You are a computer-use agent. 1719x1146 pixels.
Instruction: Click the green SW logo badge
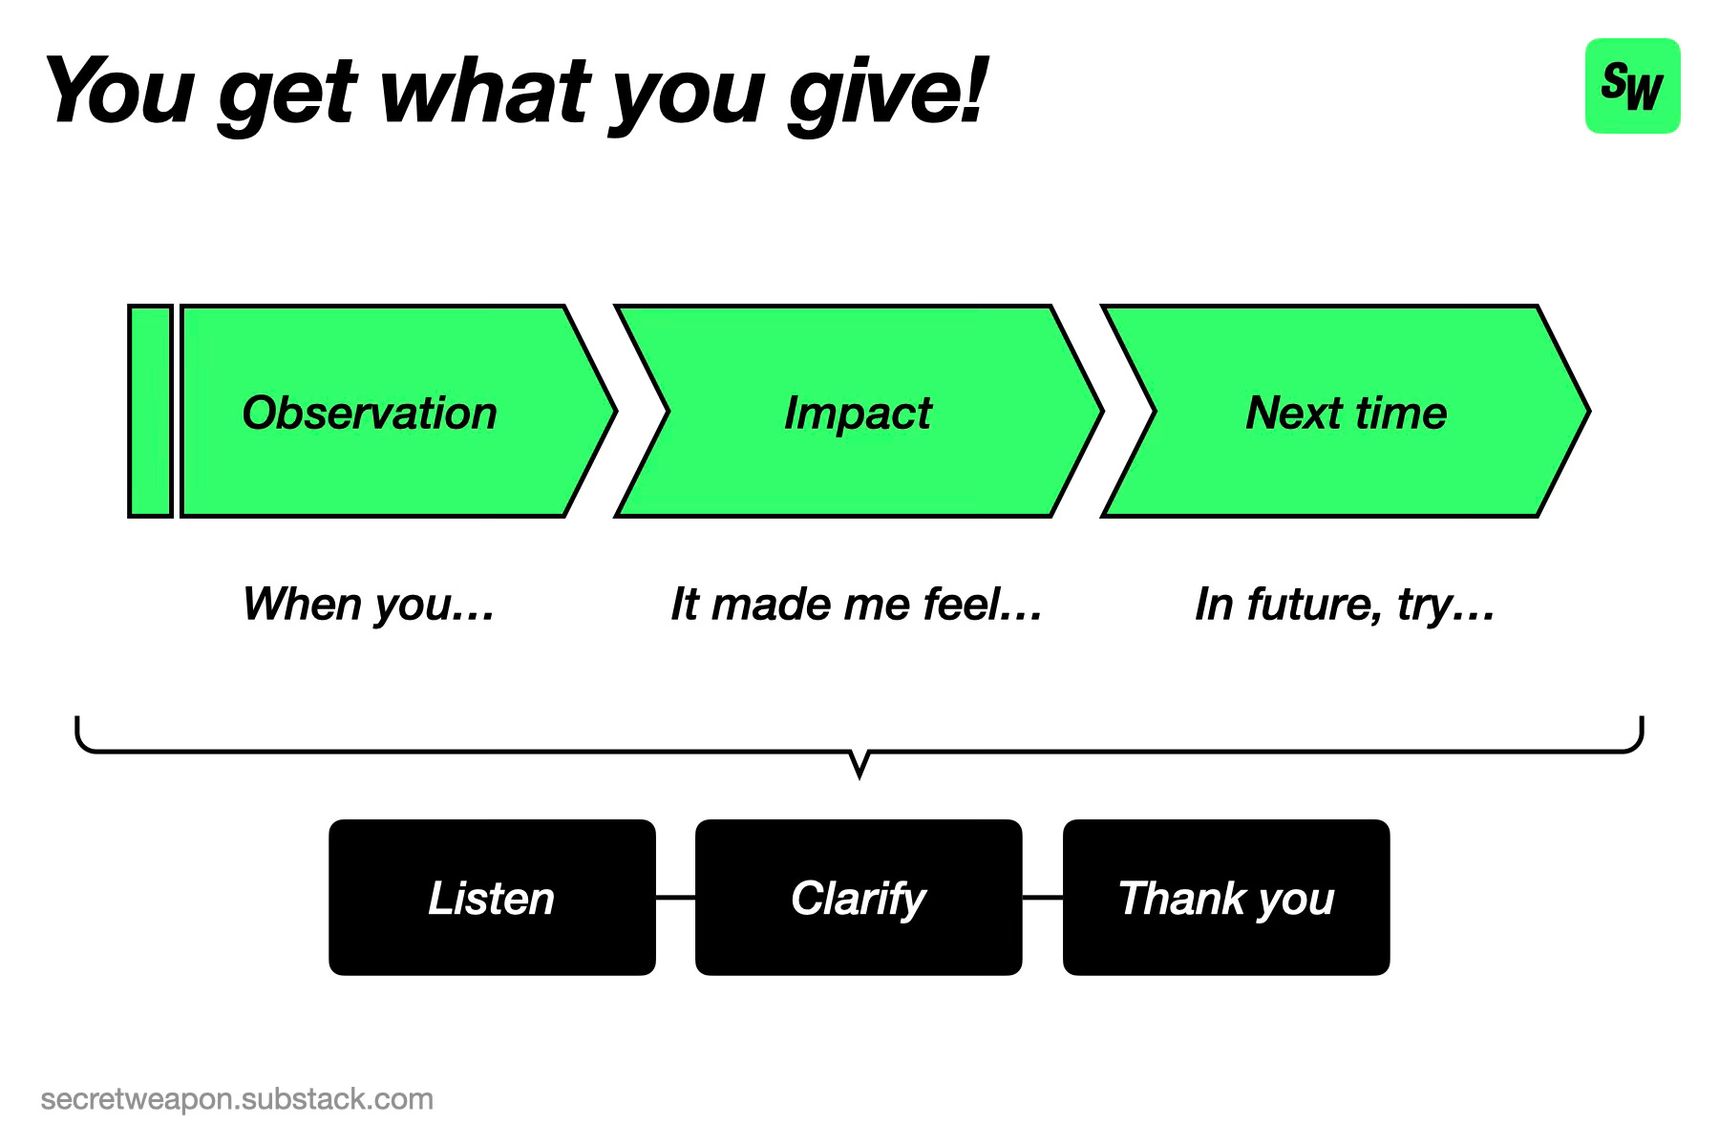[1632, 86]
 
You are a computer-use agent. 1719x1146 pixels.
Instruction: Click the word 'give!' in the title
[885, 94]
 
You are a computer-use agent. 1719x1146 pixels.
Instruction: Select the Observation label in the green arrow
[370, 413]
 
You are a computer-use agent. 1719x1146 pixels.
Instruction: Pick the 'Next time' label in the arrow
[1347, 413]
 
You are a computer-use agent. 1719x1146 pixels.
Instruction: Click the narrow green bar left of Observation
[151, 412]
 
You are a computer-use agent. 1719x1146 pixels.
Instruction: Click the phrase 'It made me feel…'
[857, 605]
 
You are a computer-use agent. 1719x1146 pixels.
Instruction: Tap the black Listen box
[492, 898]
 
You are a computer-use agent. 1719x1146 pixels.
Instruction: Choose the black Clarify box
[859, 898]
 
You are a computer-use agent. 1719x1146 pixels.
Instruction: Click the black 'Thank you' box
[1226, 898]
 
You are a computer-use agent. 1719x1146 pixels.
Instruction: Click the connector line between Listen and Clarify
[675, 898]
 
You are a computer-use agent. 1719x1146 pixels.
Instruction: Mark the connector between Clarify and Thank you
[1043, 898]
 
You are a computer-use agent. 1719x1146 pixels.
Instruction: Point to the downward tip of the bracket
[859, 777]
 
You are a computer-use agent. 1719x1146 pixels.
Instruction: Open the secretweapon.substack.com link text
[237, 1099]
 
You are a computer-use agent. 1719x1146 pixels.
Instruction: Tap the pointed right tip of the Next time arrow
[1589, 412]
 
